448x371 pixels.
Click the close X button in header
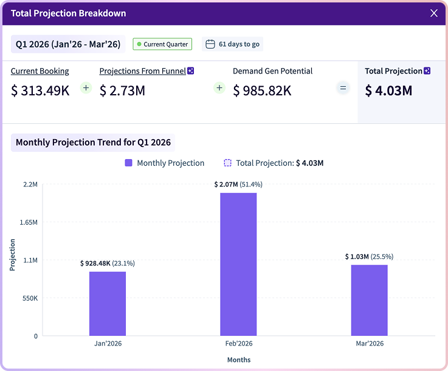tap(434, 13)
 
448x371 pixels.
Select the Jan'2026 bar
tap(108, 304)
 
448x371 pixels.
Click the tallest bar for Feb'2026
tap(238, 264)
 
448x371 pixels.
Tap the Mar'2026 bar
tap(369, 300)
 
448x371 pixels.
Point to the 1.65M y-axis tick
tap(29, 222)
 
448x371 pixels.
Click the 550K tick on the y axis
tap(29, 298)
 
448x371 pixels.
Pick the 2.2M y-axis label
tap(30, 184)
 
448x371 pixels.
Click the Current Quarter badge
tap(162, 44)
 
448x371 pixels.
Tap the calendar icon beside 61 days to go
tap(210, 44)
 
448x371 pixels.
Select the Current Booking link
tap(40, 71)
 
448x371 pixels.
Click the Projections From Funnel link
tap(143, 71)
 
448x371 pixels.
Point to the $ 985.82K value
tap(262, 91)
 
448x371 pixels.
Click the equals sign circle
tap(343, 88)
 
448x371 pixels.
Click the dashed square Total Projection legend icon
tap(228, 163)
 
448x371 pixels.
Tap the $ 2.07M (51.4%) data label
tap(238, 184)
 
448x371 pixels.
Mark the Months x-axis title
tap(239, 359)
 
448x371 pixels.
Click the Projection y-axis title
tap(13, 255)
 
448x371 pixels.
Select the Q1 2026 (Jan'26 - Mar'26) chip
tap(68, 44)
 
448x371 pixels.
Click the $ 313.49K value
tap(40, 91)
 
